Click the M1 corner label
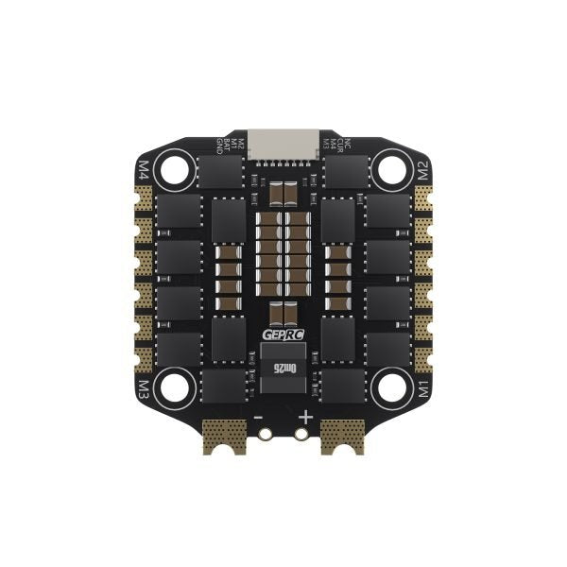[x=423, y=387]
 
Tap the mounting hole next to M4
[x=176, y=170]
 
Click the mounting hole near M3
[x=176, y=386]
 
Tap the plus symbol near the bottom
[x=305, y=417]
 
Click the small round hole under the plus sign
[x=301, y=435]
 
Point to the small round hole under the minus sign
[x=266, y=435]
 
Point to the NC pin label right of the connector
[x=348, y=144]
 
